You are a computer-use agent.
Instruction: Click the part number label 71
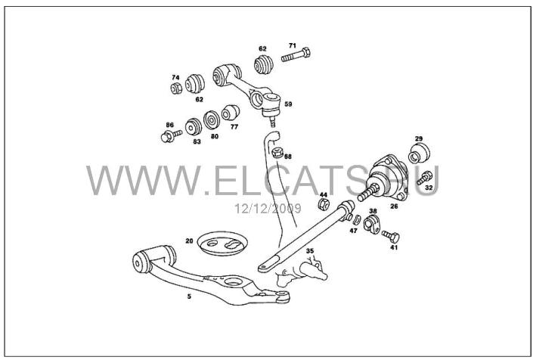[293, 45]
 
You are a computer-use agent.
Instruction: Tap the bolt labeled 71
[296, 55]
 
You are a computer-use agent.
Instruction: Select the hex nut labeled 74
[176, 88]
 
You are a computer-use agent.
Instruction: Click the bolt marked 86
[171, 136]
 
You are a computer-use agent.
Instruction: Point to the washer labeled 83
[194, 127]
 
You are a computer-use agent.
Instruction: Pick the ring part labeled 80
[212, 119]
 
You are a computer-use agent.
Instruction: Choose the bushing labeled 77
[230, 113]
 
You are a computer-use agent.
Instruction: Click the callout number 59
[288, 104]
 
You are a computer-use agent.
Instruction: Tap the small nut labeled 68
[277, 152]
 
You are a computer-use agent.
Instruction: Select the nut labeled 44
[324, 204]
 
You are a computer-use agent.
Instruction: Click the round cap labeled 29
[419, 154]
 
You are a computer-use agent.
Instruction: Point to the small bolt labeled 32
[425, 178]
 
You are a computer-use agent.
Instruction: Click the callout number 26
[394, 206]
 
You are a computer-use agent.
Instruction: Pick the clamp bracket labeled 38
[372, 225]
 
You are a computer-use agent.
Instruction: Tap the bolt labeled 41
[391, 236]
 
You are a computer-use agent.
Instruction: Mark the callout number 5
[189, 296]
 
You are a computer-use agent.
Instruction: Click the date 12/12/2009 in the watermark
[268, 208]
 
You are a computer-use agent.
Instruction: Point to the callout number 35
[310, 251]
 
